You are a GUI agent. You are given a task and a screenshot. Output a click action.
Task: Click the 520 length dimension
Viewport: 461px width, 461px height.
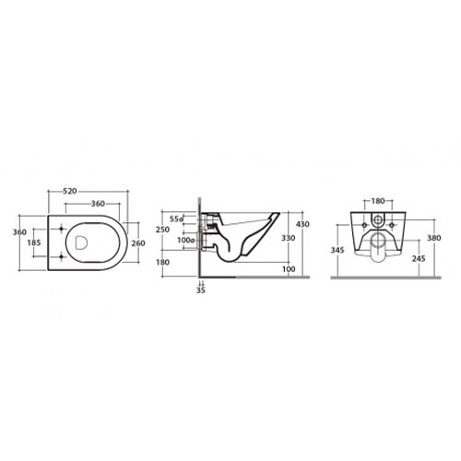coord(70,191)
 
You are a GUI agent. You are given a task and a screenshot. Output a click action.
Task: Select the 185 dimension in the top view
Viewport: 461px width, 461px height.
coord(34,242)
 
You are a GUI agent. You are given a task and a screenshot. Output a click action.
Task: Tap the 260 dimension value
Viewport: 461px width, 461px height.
coord(138,243)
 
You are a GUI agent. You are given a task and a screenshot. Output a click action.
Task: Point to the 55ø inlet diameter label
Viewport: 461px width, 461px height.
coord(177,219)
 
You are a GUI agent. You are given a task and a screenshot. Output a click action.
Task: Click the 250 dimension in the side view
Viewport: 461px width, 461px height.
coord(162,230)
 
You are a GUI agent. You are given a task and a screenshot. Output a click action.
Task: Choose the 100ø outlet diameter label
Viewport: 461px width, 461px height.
coord(185,240)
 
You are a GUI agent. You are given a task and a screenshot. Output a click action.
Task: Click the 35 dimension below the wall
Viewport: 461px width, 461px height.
coord(201,290)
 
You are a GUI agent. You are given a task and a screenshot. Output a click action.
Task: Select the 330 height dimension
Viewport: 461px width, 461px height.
coord(289,238)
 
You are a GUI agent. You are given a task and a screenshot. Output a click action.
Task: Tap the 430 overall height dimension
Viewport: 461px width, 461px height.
coord(302,224)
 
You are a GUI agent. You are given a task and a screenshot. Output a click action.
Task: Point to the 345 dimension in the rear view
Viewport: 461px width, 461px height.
coord(337,250)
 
